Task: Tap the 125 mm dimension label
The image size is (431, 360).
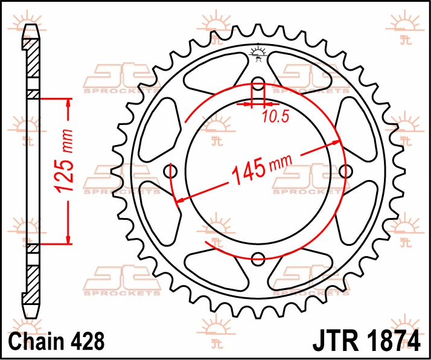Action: point(65,161)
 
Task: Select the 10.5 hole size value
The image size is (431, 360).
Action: point(275,117)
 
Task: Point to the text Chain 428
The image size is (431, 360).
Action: point(57,341)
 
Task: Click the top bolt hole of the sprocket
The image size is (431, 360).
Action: point(258,84)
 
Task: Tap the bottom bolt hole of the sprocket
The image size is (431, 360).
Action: point(258,259)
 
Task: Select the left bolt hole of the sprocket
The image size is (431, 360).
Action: point(170,172)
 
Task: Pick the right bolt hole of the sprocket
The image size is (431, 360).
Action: point(345,172)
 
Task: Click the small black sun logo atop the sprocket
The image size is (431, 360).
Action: point(258,53)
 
